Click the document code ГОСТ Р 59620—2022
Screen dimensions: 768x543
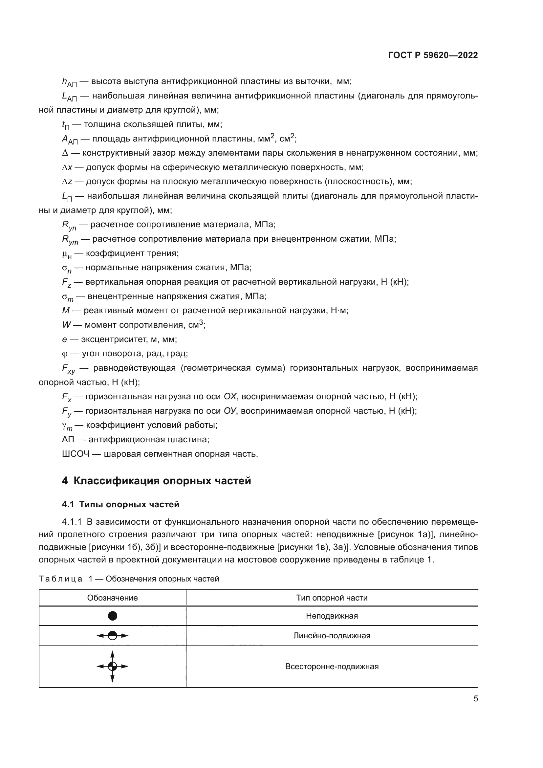pos(433,55)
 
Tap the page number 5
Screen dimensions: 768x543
pos(475,698)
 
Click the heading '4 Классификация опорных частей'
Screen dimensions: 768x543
pos(156,481)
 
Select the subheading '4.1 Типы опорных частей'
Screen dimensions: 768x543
pos(120,504)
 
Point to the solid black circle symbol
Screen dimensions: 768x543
pos(113,616)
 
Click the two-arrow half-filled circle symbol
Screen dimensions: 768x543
pos(113,636)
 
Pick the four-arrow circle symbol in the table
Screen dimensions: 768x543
pos(113,666)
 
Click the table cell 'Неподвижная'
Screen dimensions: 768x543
pos(332,616)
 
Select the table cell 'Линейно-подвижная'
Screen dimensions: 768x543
pos(332,636)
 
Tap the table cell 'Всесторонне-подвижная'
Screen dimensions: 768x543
pos(332,666)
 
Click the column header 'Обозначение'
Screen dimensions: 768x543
pos(112,598)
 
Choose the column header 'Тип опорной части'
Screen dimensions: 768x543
pos(332,598)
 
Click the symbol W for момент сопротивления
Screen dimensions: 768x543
pos(66,325)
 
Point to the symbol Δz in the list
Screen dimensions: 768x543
pos(67,182)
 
